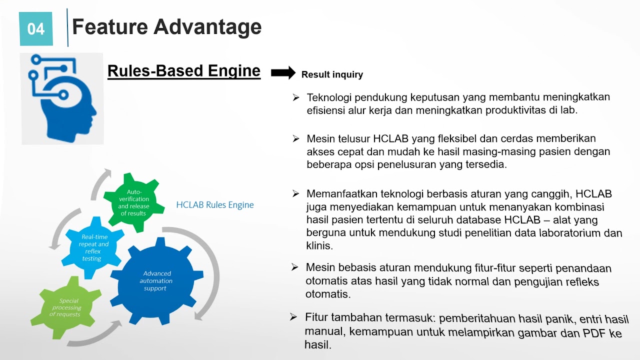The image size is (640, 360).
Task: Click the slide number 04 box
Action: pyautogui.click(x=35, y=29)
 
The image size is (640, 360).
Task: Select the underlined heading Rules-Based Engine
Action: pyautogui.click(x=183, y=71)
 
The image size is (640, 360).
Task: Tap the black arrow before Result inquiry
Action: pyautogui.click(x=283, y=73)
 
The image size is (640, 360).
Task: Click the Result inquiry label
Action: pyautogui.click(x=332, y=75)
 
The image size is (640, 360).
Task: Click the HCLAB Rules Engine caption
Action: pyautogui.click(x=215, y=205)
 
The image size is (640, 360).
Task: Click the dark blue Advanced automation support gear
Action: pyautogui.click(x=157, y=281)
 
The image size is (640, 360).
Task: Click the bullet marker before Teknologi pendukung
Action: pyautogui.click(x=296, y=97)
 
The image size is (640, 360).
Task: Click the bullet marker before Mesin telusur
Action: pyautogui.click(x=296, y=138)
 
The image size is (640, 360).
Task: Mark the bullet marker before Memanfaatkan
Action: pyautogui.click(x=296, y=193)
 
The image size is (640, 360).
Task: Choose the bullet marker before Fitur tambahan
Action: pyautogui.click(x=293, y=317)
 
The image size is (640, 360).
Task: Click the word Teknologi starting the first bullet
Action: pyautogui.click(x=330, y=97)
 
